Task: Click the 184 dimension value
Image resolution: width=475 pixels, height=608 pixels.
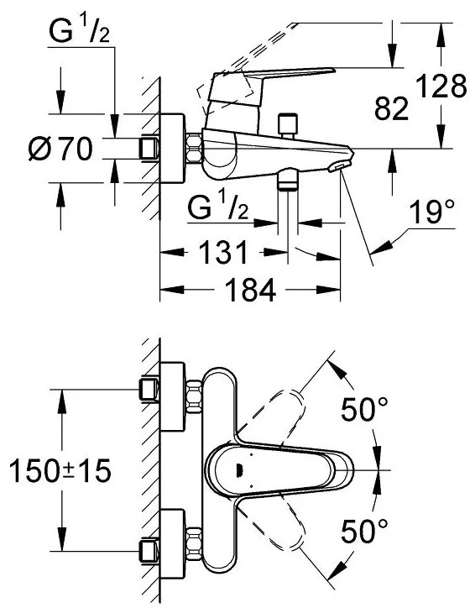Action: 250,290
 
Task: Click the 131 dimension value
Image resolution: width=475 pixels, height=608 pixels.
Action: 222,252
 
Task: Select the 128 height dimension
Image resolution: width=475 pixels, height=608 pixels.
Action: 441,86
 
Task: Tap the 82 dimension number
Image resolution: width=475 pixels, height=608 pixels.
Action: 391,109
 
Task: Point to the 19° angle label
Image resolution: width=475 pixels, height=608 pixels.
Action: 432,212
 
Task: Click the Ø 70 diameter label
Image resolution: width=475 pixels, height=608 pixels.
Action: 60,149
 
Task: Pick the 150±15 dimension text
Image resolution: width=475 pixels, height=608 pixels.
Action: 60,470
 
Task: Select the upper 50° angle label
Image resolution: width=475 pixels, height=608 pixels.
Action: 364,409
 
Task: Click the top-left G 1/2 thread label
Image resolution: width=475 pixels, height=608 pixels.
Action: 79,30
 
